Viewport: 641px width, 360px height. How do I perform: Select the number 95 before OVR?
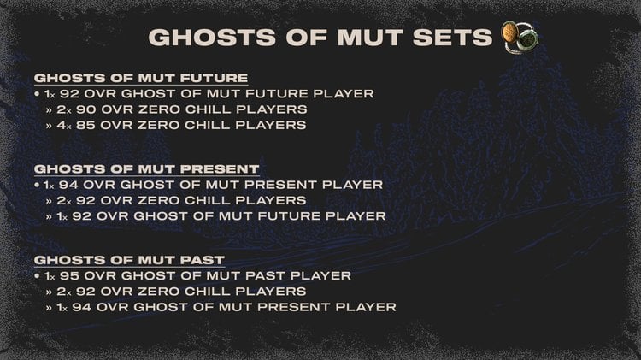70,275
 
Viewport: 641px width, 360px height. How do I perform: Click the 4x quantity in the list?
62,125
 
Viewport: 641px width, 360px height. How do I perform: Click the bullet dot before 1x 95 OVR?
38,275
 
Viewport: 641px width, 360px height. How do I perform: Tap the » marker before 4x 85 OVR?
50,125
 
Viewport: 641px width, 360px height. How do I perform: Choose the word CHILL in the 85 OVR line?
216,125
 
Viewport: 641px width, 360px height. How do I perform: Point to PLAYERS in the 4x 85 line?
272,125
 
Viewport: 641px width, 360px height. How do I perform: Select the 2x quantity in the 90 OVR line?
62,109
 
